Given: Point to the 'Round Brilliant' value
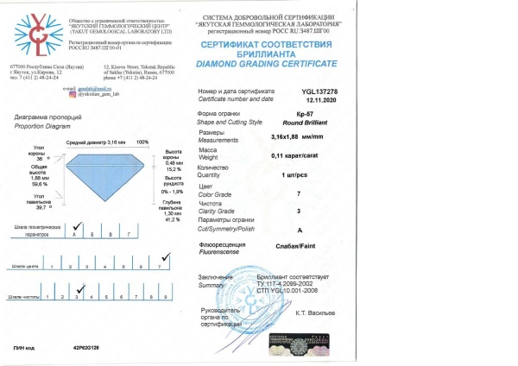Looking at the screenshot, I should [x=332, y=123].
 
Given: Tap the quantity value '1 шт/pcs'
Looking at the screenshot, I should [x=322, y=175].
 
